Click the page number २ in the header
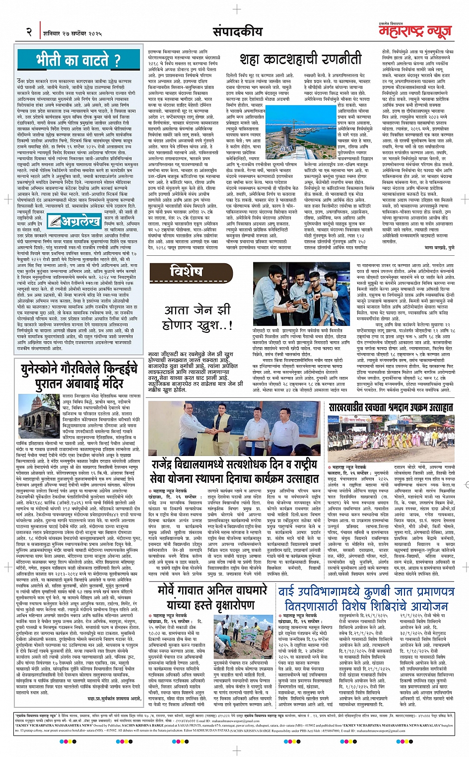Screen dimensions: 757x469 click(x=29, y=32)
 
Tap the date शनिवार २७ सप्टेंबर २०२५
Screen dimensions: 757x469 click(x=71, y=33)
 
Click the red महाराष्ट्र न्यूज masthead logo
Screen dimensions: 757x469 click(x=415, y=32)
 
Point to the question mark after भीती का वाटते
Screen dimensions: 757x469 click(x=117, y=61)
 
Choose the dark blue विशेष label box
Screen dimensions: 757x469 click(x=187, y=271)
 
